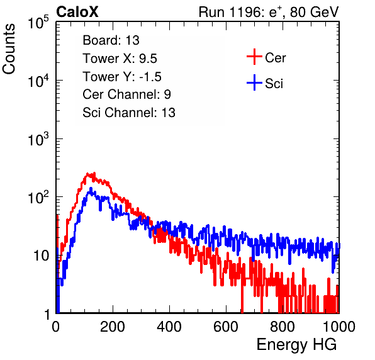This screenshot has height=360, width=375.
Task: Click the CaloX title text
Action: tap(77, 12)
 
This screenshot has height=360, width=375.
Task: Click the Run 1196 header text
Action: tap(269, 12)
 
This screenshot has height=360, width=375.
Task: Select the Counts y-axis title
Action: tap(9, 49)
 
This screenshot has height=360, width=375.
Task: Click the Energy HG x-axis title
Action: tap(296, 345)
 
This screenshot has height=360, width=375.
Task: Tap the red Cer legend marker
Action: tap(254, 57)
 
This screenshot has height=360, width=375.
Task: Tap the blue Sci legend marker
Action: tap(254, 82)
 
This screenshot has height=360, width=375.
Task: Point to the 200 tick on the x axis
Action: tap(113, 327)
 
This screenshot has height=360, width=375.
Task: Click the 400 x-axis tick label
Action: tap(169, 327)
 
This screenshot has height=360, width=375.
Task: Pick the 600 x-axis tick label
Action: tap(226, 327)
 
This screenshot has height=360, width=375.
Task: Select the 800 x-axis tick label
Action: tap(283, 327)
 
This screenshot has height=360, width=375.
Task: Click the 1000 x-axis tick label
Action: tap(339, 327)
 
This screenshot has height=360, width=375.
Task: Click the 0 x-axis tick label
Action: tap(55, 327)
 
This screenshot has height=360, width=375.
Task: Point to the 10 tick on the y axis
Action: tap(42, 256)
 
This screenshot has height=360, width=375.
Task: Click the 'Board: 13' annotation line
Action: tap(111, 40)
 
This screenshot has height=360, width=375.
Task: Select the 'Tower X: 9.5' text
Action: tap(120, 59)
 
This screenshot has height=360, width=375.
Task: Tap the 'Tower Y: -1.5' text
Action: tap(122, 77)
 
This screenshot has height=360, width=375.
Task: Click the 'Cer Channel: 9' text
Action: tap(126, 94)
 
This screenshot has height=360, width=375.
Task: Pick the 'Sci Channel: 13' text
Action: tap(129, 113)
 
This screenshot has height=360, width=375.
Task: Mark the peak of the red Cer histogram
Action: tap(94, 173)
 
